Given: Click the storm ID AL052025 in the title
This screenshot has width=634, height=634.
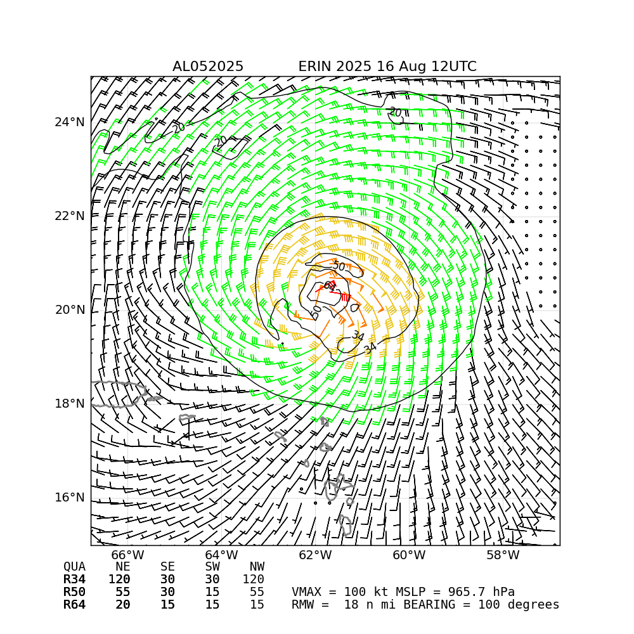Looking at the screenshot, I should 208,67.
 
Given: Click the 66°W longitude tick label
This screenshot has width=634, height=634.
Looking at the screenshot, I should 128,556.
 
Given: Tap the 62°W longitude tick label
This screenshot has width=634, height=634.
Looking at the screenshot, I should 315,556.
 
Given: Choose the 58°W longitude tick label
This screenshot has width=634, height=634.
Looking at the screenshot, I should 503,556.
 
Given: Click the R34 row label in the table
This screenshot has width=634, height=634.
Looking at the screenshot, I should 74,579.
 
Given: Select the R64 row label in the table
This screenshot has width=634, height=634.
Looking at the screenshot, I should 74,605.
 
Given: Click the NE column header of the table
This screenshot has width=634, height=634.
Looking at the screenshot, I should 122,567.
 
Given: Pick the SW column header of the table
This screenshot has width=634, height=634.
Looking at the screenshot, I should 212,567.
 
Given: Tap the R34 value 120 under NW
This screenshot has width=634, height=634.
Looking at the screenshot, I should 253,579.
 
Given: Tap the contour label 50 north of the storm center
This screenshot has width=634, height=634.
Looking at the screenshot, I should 339,267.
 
